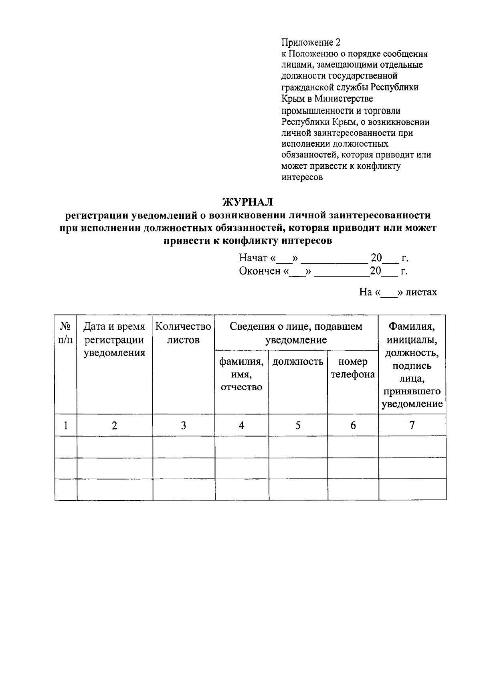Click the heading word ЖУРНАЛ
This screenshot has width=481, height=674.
tap(247, 201)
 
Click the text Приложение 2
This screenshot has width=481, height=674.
tap(311, 42)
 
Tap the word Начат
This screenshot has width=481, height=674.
tap(253, 258)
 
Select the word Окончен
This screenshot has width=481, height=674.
tap(260, 271)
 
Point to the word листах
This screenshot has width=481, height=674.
tap(421, 292)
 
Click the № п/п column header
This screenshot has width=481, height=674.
tap(66, 333)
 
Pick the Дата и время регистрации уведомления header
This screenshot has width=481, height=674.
tap(114, 340)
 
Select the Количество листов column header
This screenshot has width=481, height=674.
tap(183, 333)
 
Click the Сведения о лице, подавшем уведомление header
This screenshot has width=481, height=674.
tap(296, 333)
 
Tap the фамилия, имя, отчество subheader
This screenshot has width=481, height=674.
tap(241, 374)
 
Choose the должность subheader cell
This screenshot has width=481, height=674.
tap(298, 362)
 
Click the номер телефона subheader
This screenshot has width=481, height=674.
tap(353, 368)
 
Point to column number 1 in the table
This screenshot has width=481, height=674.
tap(65, 425)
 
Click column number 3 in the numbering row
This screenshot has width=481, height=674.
tap(183, 425)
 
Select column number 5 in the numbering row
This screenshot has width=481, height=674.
tap(298, 425)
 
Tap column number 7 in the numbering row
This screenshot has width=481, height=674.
tap(412, 425)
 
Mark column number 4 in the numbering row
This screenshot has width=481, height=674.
tap(241, 425)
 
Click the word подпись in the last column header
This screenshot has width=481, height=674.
tap(412, 366)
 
